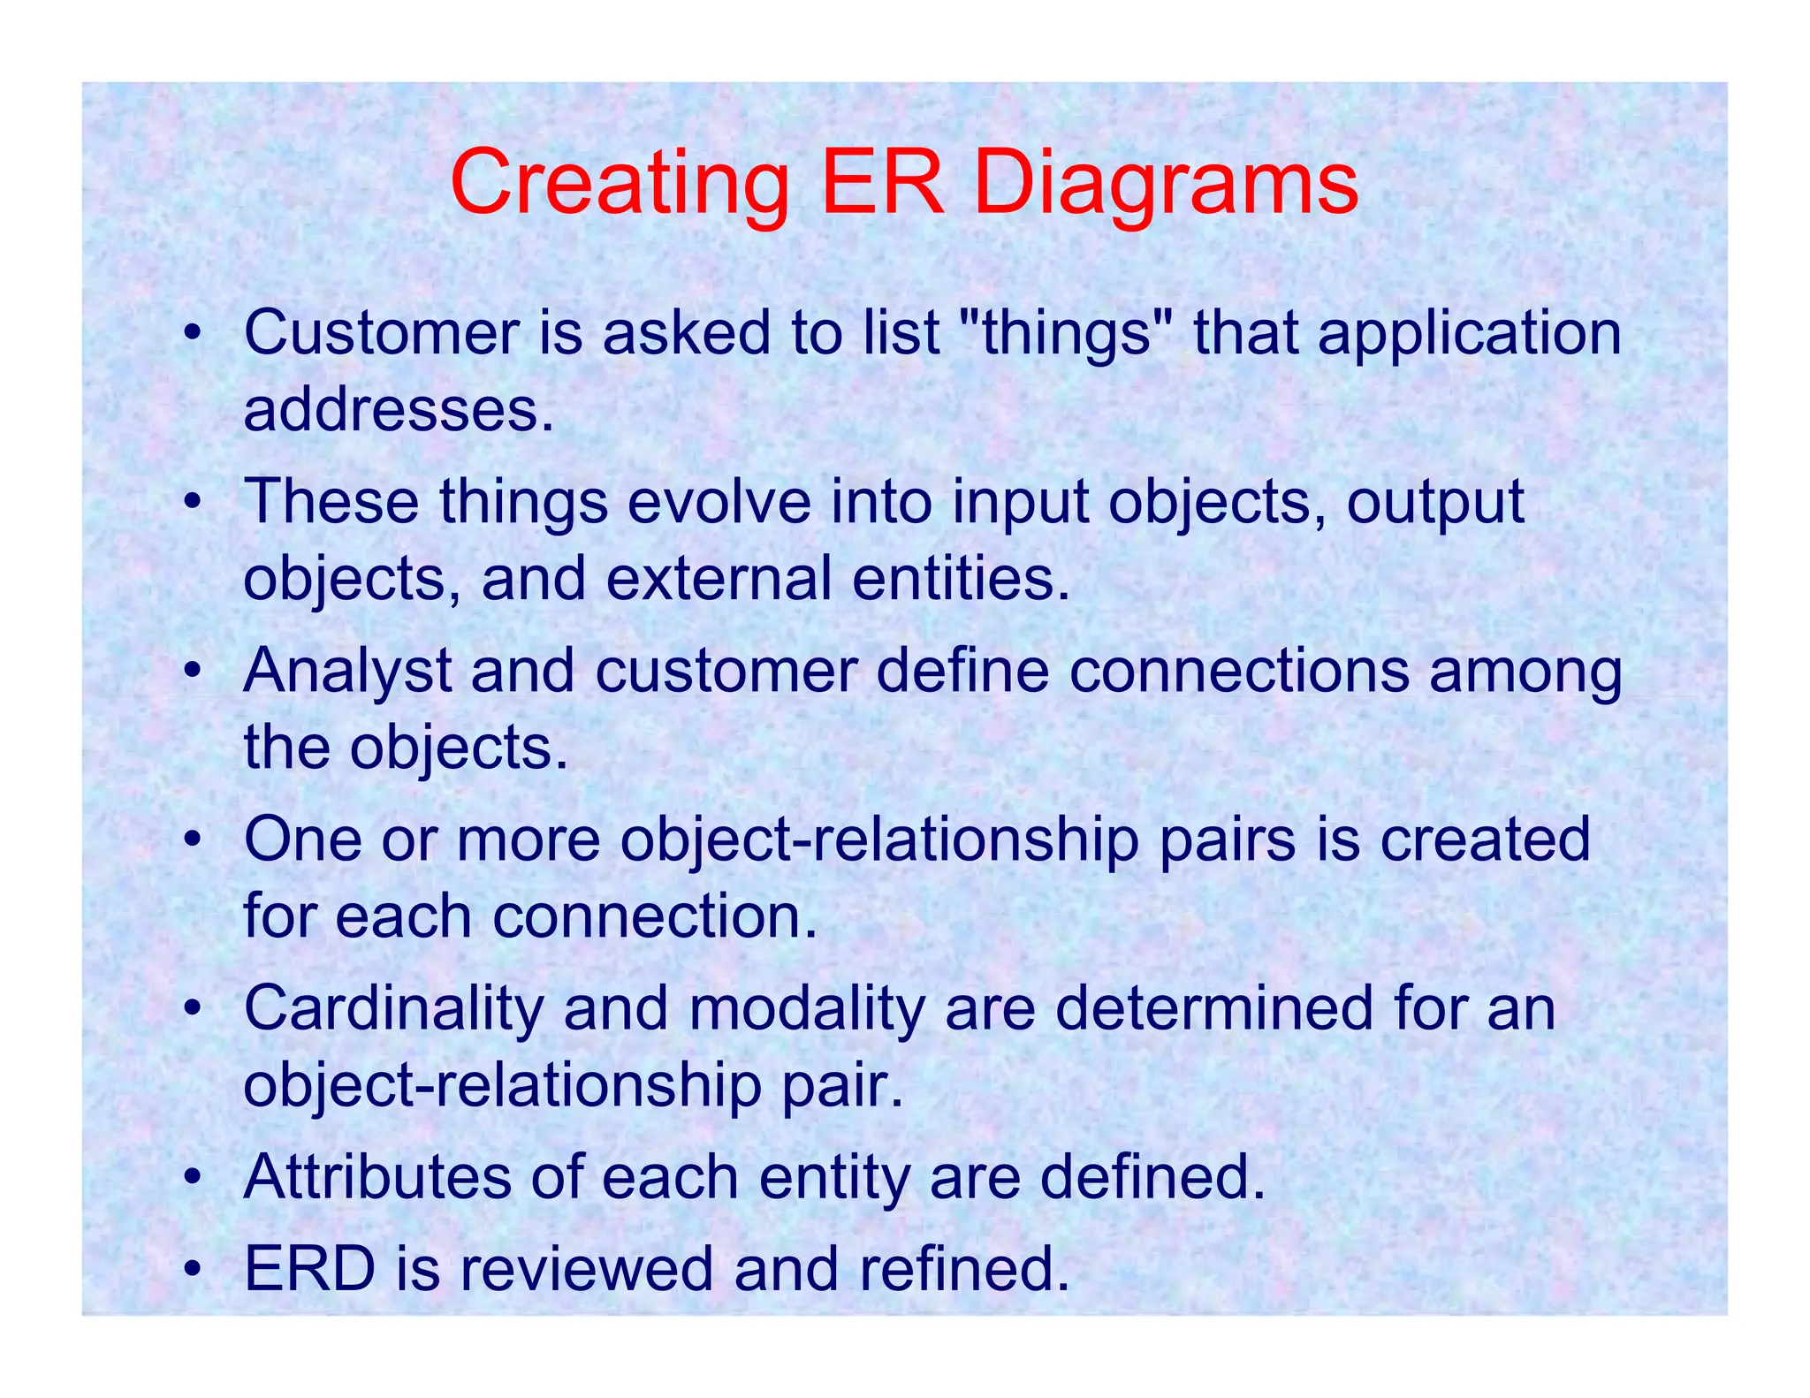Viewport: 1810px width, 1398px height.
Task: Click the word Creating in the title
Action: (619, 184)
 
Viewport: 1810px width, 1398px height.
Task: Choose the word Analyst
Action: (347, 671)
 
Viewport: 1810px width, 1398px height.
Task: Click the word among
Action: (1525, 671)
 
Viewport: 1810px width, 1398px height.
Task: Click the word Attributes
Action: (376, 1177)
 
